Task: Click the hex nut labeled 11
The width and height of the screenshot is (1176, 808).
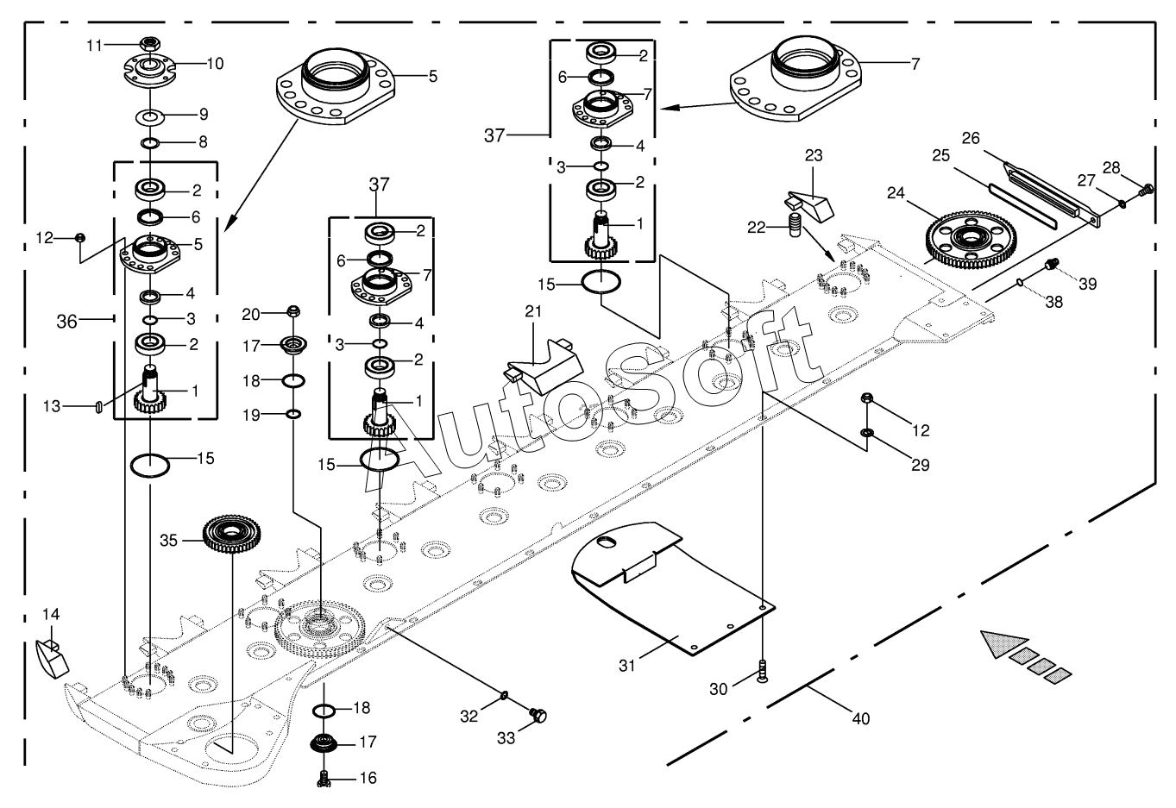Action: click(151, 44)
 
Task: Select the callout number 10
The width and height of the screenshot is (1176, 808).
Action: click(215, 64)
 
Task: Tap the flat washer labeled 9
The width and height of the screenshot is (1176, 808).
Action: click(150, 117)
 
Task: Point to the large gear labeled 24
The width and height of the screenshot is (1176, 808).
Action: click(971, 240)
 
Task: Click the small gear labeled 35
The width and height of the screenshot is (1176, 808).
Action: click(232, 536)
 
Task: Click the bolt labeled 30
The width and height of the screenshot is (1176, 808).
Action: click(763, 672)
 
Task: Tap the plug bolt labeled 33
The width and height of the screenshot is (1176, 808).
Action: click(538, 715)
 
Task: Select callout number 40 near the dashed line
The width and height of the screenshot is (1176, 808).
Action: click(861, 718)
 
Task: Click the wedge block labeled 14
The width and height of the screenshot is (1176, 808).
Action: click(52, 658)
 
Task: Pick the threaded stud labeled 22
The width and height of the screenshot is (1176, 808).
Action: click(796, 225)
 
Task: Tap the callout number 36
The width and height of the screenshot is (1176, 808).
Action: click(66, 321)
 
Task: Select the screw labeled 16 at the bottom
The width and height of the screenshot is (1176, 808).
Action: click(324, 778)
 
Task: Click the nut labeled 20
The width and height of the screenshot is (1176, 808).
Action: click(293, 311)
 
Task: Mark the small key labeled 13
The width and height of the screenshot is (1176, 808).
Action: click(98, 407)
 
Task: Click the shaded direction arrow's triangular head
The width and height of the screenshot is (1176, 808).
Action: click(1001, 644)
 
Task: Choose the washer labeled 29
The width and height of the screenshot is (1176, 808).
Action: click(867, 433)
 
